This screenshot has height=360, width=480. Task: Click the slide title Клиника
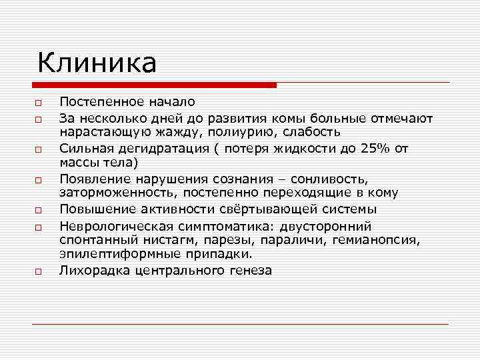click(x=97, y=63)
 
